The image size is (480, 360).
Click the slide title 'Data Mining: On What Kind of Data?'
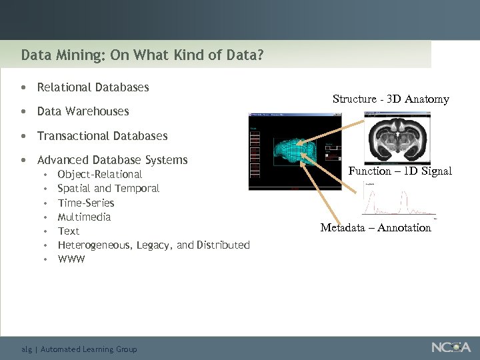(x=142, y=55)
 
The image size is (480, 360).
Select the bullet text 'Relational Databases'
(x=93, y=87)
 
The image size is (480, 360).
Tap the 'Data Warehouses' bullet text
(x=83, y=111)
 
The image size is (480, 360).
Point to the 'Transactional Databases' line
(x=102, y=136)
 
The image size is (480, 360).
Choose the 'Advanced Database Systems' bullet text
(x=112, y=160)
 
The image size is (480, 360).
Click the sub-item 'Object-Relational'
(x=99, y=175)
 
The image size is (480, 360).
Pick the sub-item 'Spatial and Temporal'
(x=108, y=189)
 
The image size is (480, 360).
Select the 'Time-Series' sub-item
(x=86, y=203)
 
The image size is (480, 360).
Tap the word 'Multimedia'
(x=84, y=217)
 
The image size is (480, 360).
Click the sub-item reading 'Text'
(x=68, y=231)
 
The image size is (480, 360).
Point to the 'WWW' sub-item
(x=71, y=259)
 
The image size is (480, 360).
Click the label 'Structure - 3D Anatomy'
(x=391, y=99)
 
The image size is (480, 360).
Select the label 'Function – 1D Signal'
(x=400, y=171)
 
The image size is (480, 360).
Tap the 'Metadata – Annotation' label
(x=375, y=228)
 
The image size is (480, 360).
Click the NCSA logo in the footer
(x=451, y=347)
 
